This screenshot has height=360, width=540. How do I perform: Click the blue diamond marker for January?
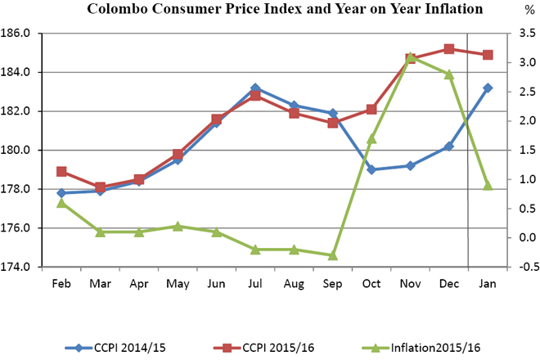pos(488,88)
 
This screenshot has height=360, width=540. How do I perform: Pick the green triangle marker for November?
pos(411,57)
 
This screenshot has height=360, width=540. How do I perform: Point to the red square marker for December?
pos(449,49)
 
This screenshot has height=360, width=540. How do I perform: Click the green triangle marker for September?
pos(333,255)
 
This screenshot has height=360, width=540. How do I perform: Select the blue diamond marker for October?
pos(371,169)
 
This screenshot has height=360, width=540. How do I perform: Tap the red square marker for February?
pos(61,172)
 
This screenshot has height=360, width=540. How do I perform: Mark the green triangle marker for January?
pos(488,185)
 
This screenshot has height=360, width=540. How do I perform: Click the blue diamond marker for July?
pos(255,88)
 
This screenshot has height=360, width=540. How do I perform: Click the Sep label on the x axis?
pos(333,284)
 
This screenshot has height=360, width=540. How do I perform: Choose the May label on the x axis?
pos(178,284)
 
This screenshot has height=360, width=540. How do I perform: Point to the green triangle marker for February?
pos(61,202)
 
